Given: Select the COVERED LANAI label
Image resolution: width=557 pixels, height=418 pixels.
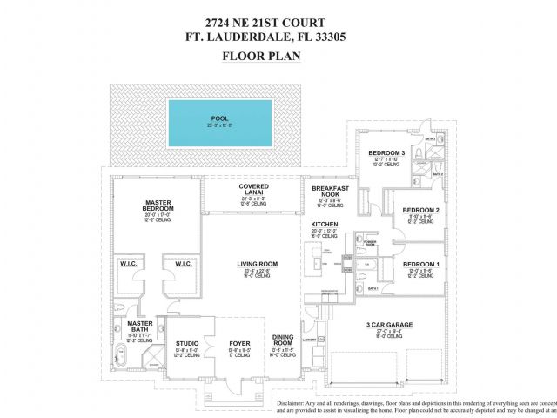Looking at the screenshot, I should (x=254, y=189).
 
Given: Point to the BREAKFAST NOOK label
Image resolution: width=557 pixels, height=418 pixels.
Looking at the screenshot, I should (x=330, y=191).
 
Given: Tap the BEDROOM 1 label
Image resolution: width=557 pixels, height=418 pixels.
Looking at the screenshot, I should (x=420, y=263).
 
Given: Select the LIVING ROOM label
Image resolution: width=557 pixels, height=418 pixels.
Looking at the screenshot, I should (x=257, y=263).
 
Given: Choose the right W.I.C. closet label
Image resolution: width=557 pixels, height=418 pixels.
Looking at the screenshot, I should (x=183, y=264).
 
